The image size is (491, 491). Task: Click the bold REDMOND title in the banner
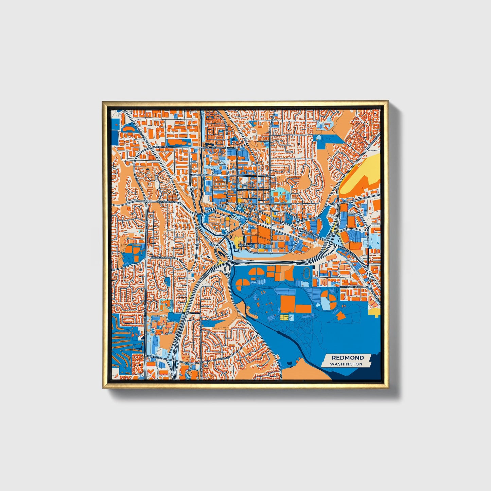[x=348, y=357]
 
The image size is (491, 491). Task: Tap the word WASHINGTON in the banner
[x=346, y=364]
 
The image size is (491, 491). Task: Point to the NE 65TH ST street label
[x=352, y=287]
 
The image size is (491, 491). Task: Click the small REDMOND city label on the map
[x=245, y=245]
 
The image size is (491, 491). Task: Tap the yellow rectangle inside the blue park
[x=284, y=317]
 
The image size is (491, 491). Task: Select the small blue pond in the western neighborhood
[x=167, y=281]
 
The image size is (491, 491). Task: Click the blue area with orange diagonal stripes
[x=126, y=340]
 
